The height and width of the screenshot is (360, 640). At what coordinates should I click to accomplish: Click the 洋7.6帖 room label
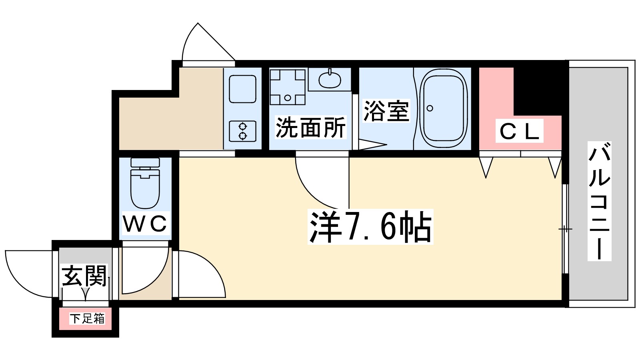(x=370, y=226)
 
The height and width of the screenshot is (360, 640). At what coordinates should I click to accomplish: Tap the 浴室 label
(x=386, y=111)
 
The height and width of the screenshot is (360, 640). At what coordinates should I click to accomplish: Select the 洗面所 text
(x=310, y=128)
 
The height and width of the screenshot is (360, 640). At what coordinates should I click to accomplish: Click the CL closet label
(x=520, y=131)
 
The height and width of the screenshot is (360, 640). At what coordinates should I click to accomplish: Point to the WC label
(x=145, y=224)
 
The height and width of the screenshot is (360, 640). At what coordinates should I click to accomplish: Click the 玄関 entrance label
(x=85, y=276)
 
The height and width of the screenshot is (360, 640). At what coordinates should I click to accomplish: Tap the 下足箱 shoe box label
(x=87, y=318)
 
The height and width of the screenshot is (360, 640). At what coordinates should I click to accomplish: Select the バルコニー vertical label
(x=599, y=201)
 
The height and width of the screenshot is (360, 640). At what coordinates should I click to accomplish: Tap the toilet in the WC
(x=145, y=184)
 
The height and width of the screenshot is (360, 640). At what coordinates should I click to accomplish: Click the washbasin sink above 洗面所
(x=330, y=79)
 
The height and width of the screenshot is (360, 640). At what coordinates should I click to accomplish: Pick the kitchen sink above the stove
(x=242, y=89)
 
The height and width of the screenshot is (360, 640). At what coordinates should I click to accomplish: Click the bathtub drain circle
(x=430, y=108)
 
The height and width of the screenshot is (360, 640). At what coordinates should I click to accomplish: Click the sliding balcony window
(x=565, y=229)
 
